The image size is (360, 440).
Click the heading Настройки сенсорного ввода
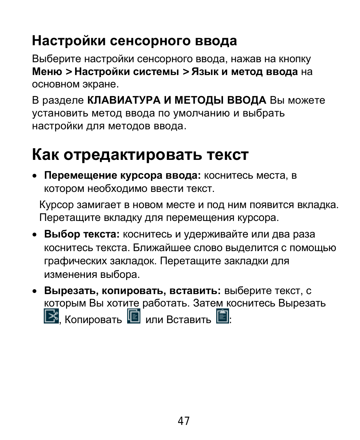[134, 41]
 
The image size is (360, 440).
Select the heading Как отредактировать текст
[140, 155]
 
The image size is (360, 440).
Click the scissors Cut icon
[51, 316]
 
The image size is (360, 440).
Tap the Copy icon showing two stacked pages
[134, 316]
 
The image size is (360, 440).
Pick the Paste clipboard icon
[222, 316]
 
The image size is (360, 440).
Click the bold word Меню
[47, 72]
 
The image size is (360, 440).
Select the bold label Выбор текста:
[82, 234]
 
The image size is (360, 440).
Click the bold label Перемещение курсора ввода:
[123, 175]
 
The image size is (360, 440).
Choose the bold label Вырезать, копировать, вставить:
[132, 291]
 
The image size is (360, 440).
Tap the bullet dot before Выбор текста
[35, 235]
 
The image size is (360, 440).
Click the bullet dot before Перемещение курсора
[35, 176]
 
